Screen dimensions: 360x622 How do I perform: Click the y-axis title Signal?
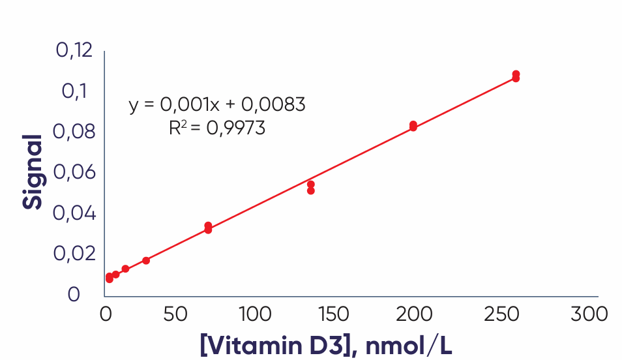pos(33,172)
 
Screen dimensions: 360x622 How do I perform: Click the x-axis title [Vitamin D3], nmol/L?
pos(326,344)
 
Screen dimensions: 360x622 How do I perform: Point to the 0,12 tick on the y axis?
pos(76,50)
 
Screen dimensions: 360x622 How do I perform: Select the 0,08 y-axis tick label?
pos(76,132)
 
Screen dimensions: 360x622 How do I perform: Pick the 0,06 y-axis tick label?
pos(76,173)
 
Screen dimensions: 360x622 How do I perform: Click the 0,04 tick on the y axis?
pos(76,213)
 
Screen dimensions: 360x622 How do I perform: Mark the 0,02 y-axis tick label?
pos(76,253)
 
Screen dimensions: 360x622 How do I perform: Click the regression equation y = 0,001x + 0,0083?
pos(217,104)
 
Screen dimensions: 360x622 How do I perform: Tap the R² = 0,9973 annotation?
pos(217,128)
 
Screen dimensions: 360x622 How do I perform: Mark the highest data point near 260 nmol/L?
pos(516,74)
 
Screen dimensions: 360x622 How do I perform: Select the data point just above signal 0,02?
pos(146,260)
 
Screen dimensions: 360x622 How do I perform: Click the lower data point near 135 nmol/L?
pos(311,190)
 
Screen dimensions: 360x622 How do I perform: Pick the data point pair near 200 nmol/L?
pos(413,126)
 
